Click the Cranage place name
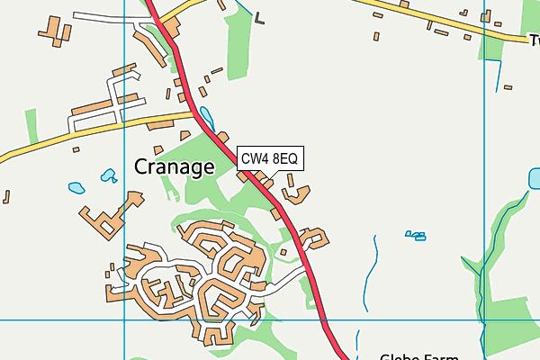click(x=174, y=166)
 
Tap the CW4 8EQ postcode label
click(x=269, y=159)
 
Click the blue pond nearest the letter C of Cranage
click(x=109, y=175)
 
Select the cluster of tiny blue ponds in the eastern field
click(x=415, y=236)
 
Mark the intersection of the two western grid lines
click(x=124, y=319)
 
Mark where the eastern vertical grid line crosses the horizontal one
click(x=484, y=319)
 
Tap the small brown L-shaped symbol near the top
click(x=260, y=18)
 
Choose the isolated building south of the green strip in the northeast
click(x=508, y=87)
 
